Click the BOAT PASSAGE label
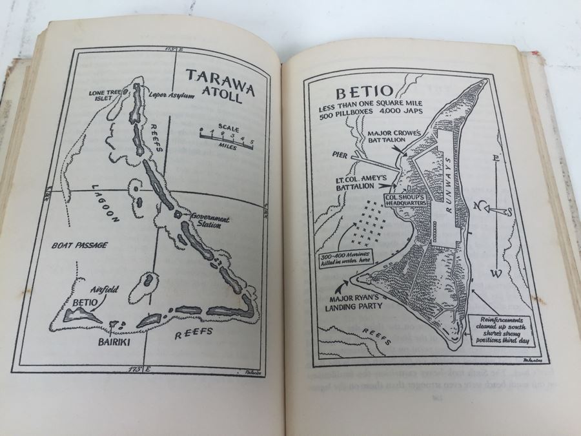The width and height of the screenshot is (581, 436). [77, 245]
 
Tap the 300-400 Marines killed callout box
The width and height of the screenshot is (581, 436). [344, 260]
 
